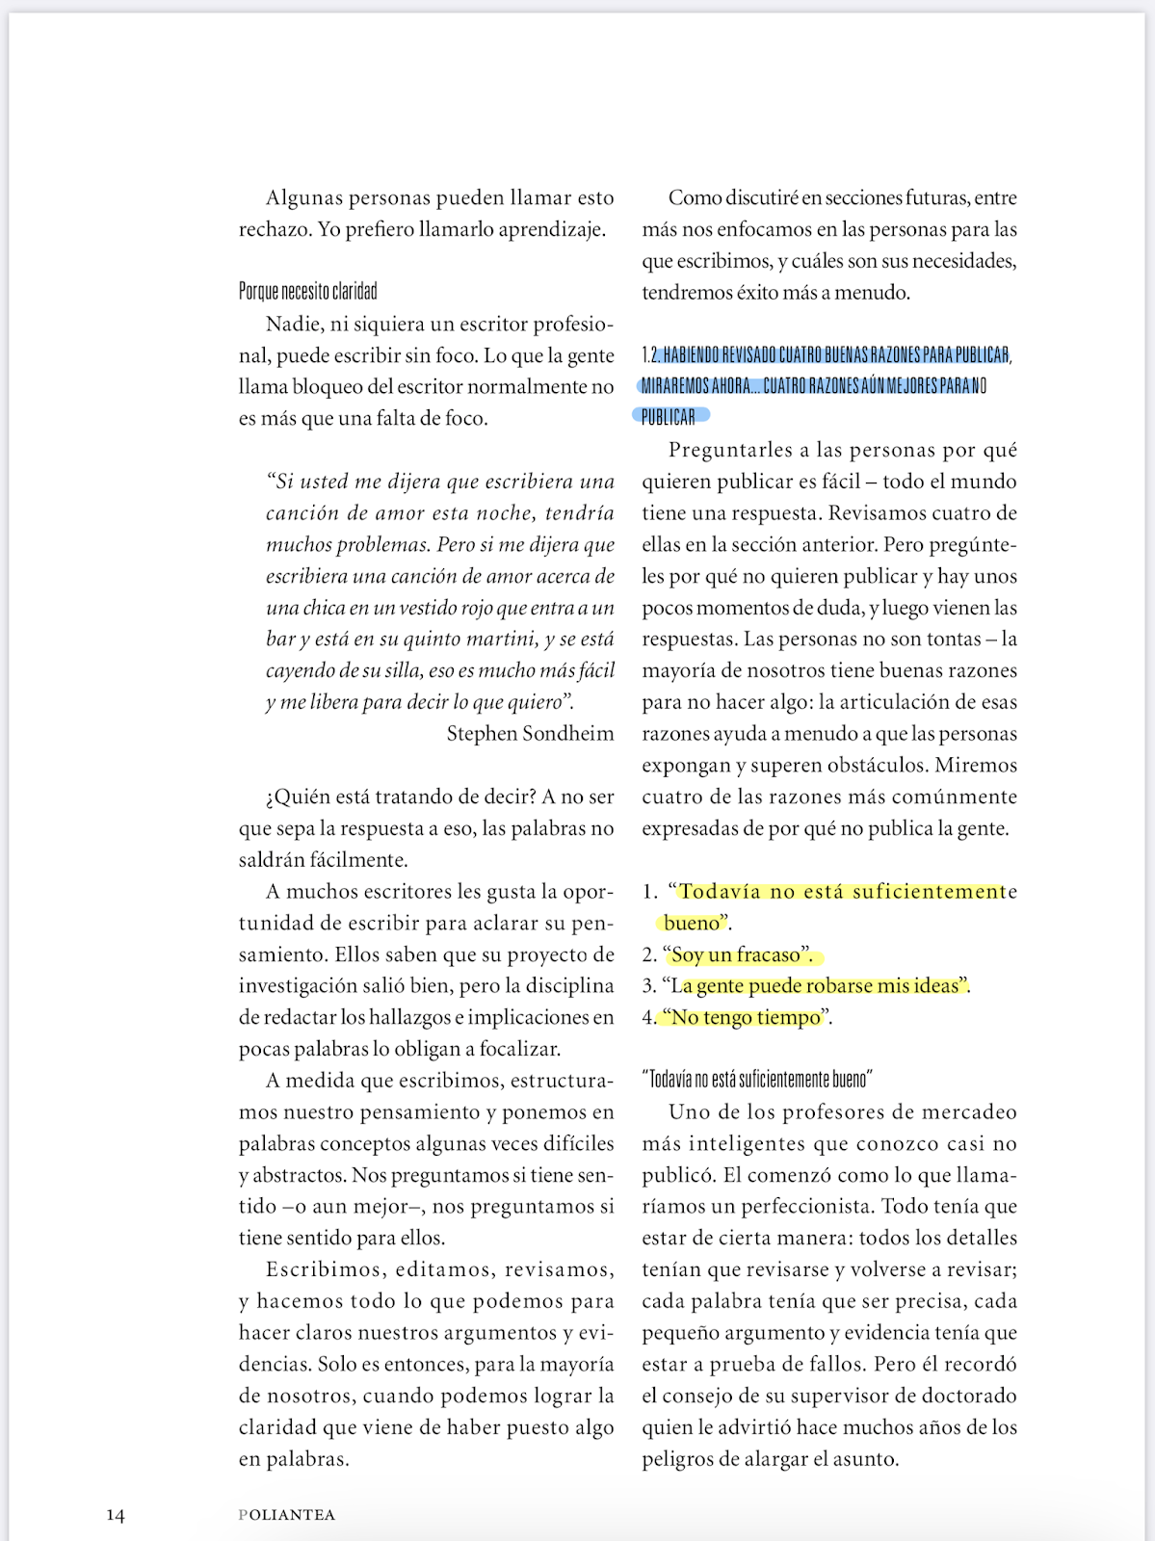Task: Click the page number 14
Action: (116, 1515)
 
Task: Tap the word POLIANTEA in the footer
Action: (287, 1515)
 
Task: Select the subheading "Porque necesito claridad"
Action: (308, 291)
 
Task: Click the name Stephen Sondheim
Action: (530, 734)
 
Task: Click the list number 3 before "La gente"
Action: (648, 986)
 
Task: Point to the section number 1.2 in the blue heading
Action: (649, 355)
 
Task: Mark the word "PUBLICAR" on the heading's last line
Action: (669, 417)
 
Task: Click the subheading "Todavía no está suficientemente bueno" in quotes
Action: (757, 1080)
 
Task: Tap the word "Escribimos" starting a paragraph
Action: (327, 1270)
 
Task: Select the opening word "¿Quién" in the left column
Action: (297, 797)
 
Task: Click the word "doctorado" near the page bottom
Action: (969, 1397)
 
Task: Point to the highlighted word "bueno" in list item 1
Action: (692, 924)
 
